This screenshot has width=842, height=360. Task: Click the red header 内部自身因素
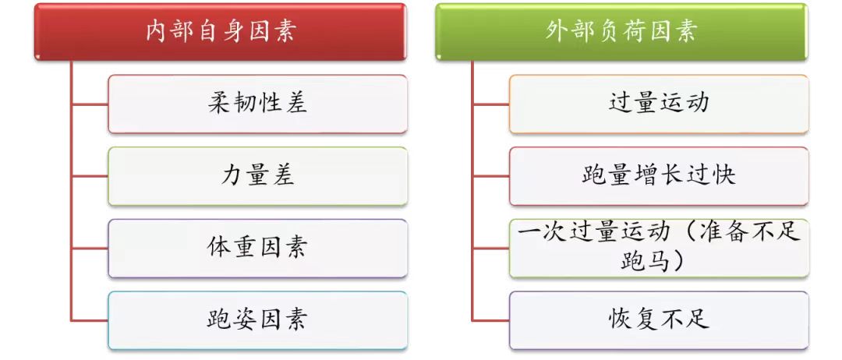[x=220, y=32]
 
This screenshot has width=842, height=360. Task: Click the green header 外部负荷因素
[x=621, y=32]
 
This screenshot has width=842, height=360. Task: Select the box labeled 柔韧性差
[x=258, y=104]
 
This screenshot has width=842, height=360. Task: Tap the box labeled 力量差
[x=258, y=177]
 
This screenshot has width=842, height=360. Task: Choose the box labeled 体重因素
[x=258, y=249]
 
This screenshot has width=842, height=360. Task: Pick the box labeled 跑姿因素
[x=258, y=321]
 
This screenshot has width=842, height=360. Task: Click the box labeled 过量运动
[x=659, y=104]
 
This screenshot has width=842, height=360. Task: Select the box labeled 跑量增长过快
[x=659, y=177]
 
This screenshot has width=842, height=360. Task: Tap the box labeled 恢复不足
[x=659, y=321]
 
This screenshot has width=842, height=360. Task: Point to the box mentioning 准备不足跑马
[x=659, y=249]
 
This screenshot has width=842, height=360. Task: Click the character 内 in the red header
[x=156, y=32]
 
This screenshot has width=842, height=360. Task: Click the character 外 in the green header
[x=557, y=32]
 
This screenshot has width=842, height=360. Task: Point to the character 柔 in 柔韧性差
[x=219, y=103]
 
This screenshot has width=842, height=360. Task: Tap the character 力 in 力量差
[x=232, y=175]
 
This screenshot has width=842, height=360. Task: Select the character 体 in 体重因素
[x=219, y=247]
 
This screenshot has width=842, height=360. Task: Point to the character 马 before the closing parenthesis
[x=660, y=261]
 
